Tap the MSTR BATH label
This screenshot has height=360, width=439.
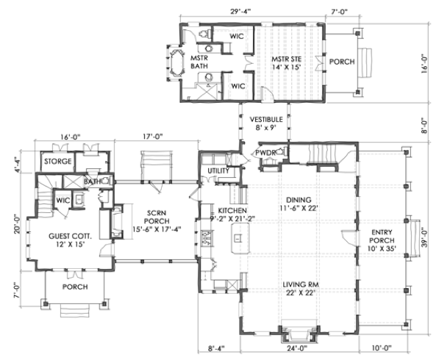[200, 62]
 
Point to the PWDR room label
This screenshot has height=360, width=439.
[265, 153]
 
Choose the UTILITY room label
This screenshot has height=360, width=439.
[219, 171]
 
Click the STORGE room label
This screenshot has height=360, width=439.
[57, 161]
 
